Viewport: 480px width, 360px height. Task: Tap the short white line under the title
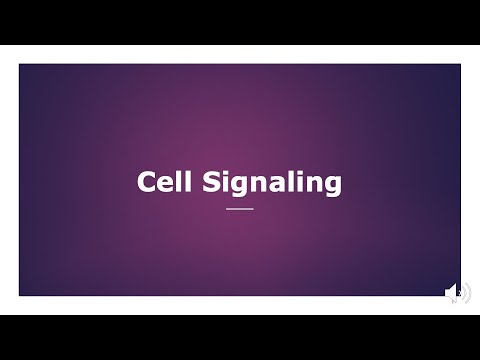pyautogui.click(x=240, y=209)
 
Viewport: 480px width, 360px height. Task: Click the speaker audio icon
pyautogui.click(x=457, y=292)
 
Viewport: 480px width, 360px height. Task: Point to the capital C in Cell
pyautogui.click(x=148, y=183)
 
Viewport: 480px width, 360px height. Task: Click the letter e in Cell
pyautogui.click(x=166, y=185)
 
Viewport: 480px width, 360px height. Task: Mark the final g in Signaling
pyautogui.click(x=332, y=188)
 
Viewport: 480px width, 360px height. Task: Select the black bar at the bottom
pyautogui.click(x=240, y=337)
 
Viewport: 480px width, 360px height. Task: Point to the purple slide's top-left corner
pyautogui.click(x=20, y=65)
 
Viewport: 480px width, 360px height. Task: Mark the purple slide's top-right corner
pyautogui.click(x=460, y=65)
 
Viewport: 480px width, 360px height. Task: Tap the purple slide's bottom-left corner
pyautogui.click(x=20, y=295)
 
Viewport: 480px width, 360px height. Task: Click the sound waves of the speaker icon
pyautogui.click(x=465, y=292)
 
